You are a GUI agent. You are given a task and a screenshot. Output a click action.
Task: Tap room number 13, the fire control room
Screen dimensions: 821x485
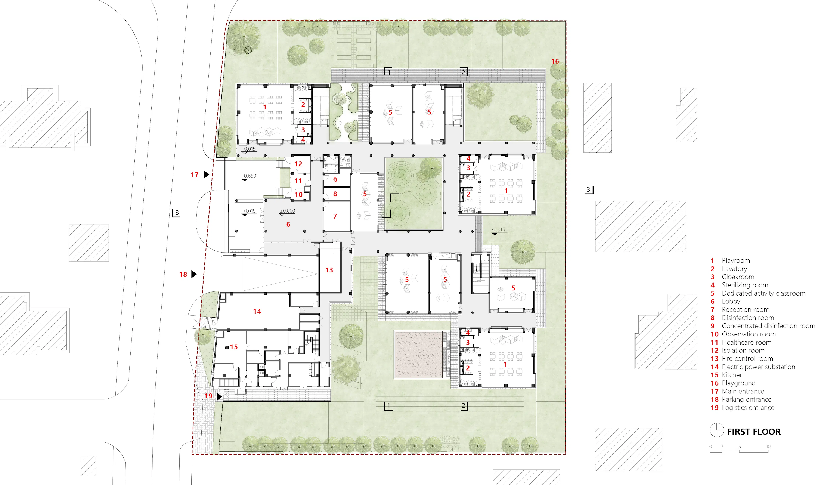pos(329,270)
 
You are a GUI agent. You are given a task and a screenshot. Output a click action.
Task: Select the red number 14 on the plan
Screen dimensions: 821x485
pos(257,311)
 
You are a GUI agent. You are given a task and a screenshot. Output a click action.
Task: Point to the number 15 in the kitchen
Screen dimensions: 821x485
pos(234,347)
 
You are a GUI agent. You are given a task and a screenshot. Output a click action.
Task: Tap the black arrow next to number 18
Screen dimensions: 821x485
pos(194,274)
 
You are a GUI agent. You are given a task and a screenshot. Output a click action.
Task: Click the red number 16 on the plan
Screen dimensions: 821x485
pos(555,61)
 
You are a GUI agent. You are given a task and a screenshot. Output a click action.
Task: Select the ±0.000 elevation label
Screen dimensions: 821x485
pos(288,211)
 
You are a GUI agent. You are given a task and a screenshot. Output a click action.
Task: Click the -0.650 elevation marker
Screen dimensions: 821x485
pos(249,176)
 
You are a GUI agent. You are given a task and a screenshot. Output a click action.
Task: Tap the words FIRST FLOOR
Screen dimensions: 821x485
pos(754,432)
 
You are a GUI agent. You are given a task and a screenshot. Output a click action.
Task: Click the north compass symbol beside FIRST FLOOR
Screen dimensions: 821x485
pos(717,430)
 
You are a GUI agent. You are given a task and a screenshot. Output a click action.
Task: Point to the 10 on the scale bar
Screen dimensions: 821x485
pos(768,447)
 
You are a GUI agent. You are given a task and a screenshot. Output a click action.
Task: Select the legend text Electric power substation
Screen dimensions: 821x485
pos(758,367)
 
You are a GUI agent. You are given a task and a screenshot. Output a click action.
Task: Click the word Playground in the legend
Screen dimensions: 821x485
pos(739,383)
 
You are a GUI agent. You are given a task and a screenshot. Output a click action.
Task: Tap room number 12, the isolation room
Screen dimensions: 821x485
pos(298,164)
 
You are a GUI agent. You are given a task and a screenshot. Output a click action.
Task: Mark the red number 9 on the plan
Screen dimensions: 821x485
pos(335,180)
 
